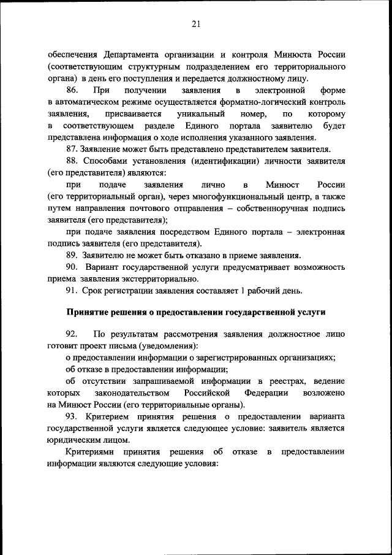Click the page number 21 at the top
tap(196, 24)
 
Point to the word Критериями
tap(91, 452)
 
